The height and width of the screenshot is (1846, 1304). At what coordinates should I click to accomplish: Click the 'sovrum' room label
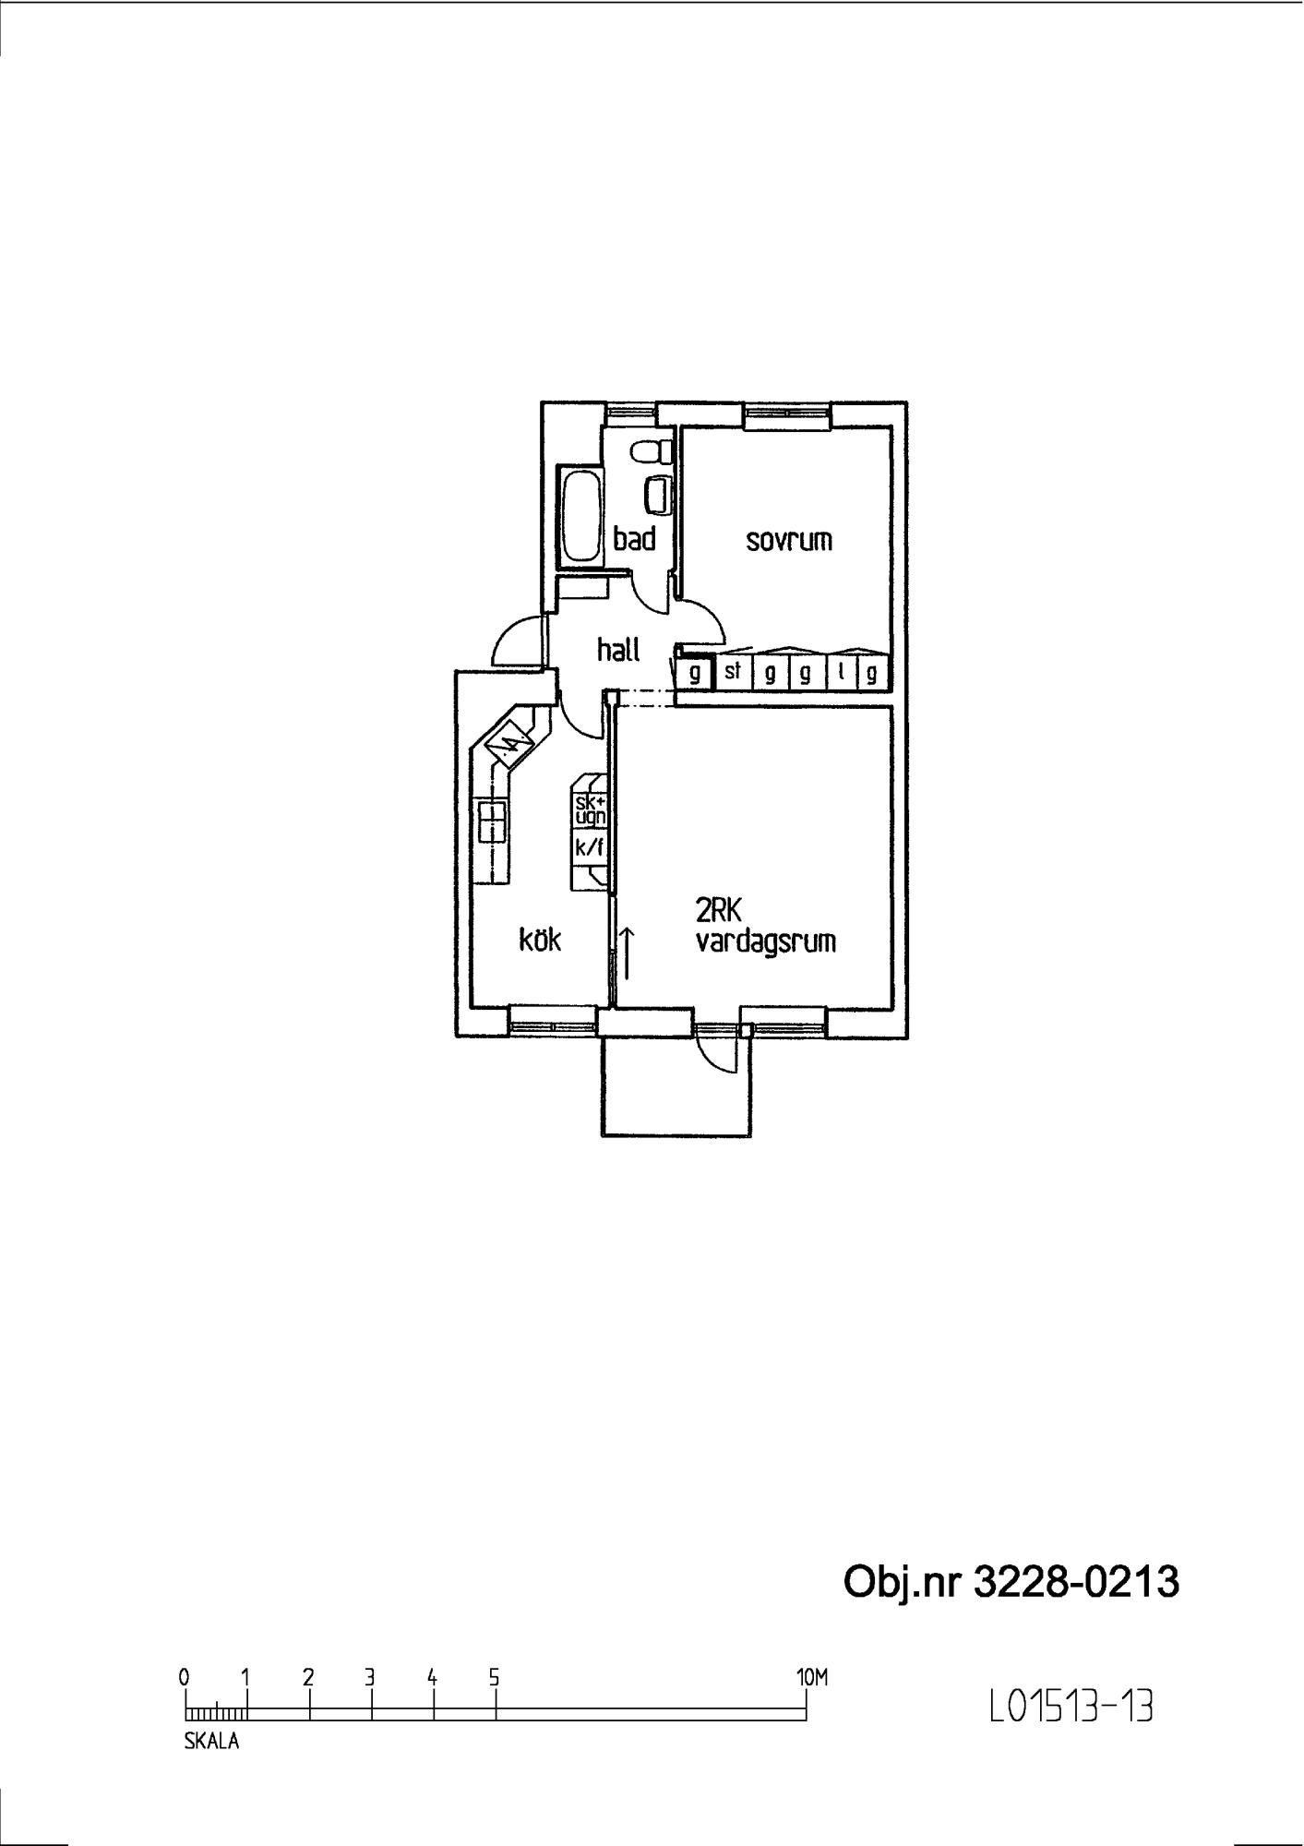coord(789,540)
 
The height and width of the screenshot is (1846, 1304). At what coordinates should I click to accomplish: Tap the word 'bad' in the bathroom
coord(634,539)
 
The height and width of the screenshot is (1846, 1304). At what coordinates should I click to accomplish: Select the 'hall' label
coord(618,650)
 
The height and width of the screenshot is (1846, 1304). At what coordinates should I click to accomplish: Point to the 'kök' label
coord(540,940)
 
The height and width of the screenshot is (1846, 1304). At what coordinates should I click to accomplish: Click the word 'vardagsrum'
coord(766,942)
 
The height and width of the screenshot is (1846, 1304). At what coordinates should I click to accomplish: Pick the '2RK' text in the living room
coord(719,912)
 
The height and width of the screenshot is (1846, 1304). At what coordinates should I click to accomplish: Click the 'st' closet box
coord(733,672)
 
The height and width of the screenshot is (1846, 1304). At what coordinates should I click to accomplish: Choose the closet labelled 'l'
coord(843,672)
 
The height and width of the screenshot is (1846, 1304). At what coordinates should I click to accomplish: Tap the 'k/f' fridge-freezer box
coord(589,847)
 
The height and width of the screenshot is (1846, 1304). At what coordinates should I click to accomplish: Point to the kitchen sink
coord(492,821)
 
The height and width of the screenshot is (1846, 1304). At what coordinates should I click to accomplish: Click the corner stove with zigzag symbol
coord(510,739)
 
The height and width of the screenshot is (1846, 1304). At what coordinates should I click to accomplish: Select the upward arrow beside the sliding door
coord(628,953)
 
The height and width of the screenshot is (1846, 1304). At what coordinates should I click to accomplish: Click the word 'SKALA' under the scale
coord(211,1742)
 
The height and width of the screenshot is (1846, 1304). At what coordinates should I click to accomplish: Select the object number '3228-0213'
coord(1076,1582)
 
